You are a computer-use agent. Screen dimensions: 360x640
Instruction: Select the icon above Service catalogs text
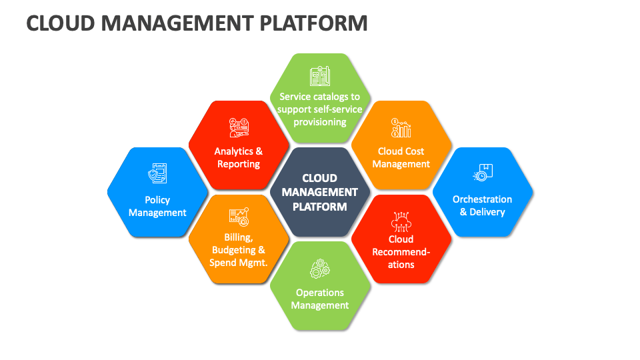(x=319, y=76)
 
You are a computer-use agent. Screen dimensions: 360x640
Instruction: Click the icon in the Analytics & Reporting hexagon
(x=239, y=127)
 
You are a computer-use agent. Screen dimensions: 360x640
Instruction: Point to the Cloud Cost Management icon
(x=401, y=128)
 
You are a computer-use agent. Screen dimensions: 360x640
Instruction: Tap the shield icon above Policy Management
(x=157, y=174)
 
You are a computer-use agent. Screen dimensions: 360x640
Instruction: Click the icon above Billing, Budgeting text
(x=239, y=216)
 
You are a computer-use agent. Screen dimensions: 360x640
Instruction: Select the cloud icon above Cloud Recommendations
(x=401, y=219)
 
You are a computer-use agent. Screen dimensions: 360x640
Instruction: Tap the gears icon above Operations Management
(x=320, y=269)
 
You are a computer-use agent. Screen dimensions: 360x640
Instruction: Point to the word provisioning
(x=320, y=122)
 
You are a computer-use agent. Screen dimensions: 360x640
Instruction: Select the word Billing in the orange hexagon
(x=238, y=237)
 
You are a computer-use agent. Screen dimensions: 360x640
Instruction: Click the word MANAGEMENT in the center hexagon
(x=320, y=192)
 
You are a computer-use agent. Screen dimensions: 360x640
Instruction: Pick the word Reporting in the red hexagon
(x=239, y=164)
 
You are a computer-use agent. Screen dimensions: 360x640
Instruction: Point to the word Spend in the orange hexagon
(x=223, y=263)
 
